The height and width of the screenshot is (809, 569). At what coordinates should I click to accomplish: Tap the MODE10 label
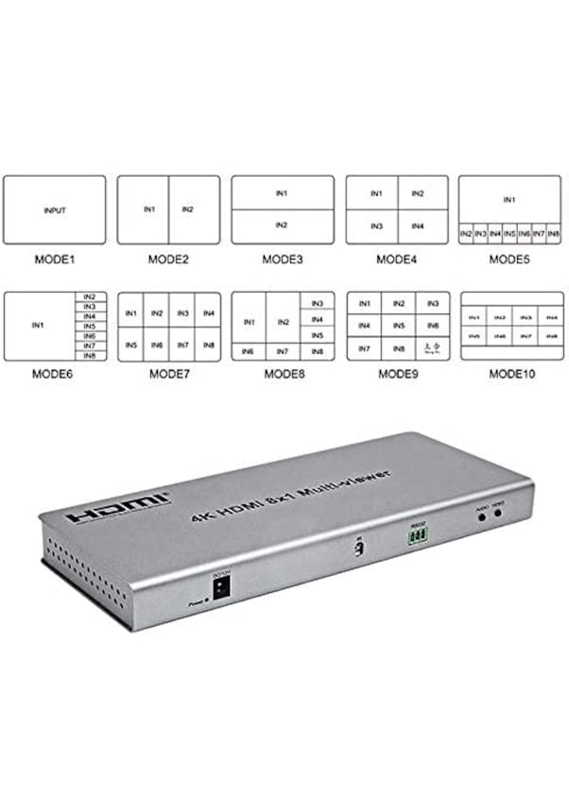pyautogui.click(x=511, y=374)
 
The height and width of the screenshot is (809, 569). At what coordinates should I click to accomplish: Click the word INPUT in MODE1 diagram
pyautogui.click(x=55, y=211)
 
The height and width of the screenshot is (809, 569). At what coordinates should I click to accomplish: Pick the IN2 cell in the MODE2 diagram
pyautogui.click(x=186, y=209)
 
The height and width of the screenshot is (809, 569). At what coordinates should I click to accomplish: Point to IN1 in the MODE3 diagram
pyautogui.click(x=282, y=193)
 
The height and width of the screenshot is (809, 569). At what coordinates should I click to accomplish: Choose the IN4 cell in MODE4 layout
pyautogui.click(x=417, y=227)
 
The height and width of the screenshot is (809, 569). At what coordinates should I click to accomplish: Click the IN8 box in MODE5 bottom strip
pyautogui.click(x=554, y=232)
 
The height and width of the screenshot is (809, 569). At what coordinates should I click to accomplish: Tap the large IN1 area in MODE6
pyautogui.click(x=39, y=326)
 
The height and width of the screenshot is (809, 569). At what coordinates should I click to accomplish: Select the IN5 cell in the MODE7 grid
pyautogui.click(x=130, y=346)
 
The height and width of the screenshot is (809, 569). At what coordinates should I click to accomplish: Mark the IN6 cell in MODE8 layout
pyautogui.click(x=248, y=351)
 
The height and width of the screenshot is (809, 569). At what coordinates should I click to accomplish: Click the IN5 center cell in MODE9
pyautogui.click(x=399, y=326)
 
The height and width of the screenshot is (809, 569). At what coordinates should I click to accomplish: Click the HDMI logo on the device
pyautogui.click(x=119, y=508)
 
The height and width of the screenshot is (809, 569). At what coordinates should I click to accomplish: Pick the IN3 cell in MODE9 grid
pyautogui.click(x=433, y=303)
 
